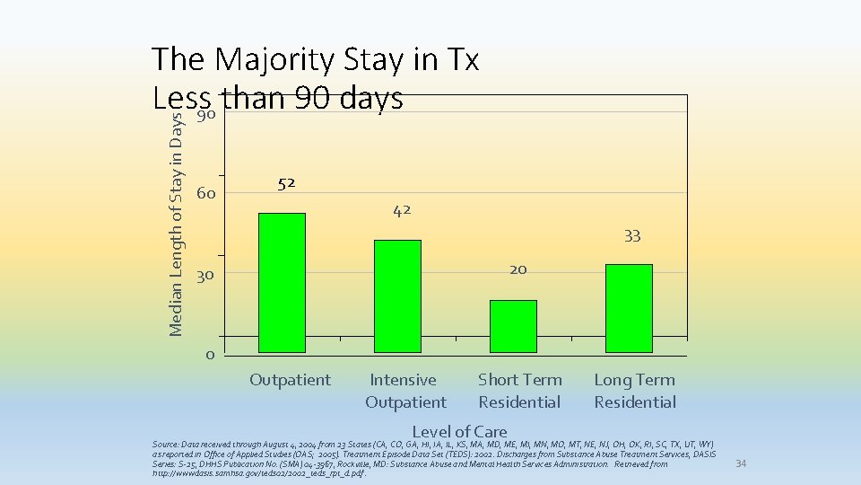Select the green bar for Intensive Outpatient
397,295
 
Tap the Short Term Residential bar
513,326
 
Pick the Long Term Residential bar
629,308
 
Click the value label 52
286,183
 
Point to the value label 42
402,210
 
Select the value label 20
517,269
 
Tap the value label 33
632,236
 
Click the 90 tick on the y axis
205,118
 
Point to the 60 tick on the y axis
206,194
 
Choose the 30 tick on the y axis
205,276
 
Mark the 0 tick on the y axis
209,355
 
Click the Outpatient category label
290,380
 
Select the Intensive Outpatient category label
404,391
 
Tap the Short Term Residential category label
520,391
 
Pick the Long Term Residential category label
635,391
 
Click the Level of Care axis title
459,432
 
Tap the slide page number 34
741,463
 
